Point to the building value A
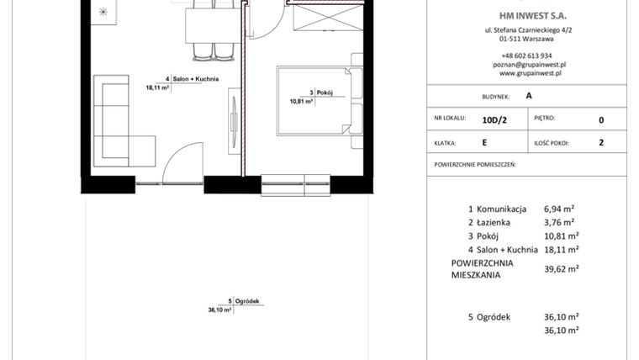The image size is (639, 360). [528, 96]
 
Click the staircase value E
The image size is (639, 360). [484, 143]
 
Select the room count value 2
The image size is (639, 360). [601, 143]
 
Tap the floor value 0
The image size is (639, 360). [601, 120]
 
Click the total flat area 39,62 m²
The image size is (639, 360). [561, 268]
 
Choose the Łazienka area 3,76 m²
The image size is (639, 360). [558, 222]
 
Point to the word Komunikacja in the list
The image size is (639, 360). [501, 208]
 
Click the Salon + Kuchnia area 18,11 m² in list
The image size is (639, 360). [561, 250]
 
